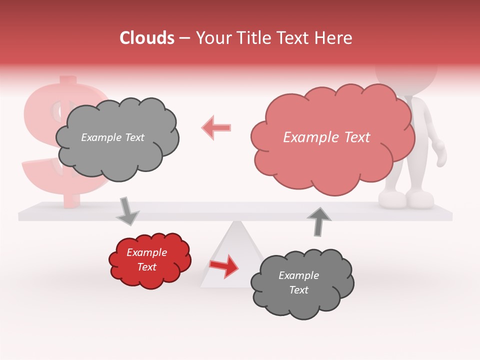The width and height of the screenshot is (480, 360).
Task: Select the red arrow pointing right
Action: tap(224, 266)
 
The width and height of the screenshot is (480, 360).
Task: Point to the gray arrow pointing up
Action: tap(318, 220)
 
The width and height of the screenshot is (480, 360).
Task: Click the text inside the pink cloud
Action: tap(326, 137)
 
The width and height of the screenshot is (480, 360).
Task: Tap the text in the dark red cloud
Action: tap(146, 259)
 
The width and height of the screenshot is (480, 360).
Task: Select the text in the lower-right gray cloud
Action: tap(298, 282)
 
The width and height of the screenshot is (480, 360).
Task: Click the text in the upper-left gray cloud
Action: tap(112, 137)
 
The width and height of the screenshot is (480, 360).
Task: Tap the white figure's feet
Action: tap(405, 199)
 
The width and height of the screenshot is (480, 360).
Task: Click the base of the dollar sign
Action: tap(70, 200)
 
